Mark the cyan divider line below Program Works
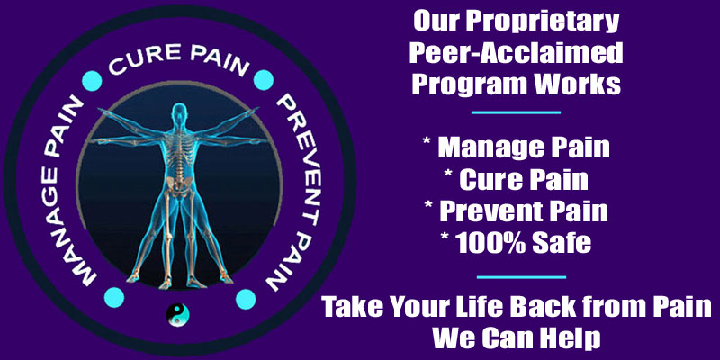[x=516, y=112]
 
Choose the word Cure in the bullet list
[x=487, y=180]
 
